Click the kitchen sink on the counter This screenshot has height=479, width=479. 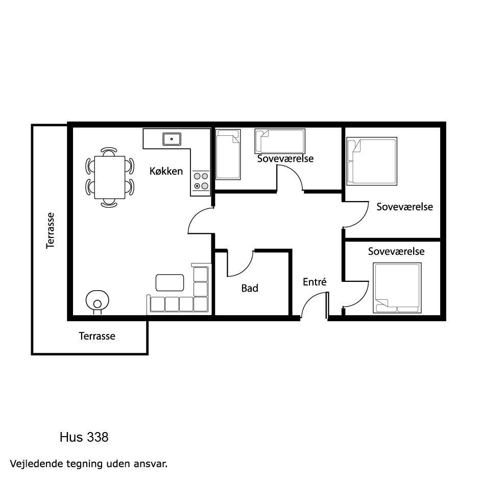click(172, 139)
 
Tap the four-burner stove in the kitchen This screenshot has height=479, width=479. click(201, 181)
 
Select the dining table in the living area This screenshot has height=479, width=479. click(110, 178)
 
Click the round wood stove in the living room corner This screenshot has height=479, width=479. click(98, 301)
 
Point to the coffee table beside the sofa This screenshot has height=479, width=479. click(170, 282)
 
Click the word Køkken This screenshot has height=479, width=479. click(166, 171)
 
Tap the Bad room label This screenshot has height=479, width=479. click(250, 288)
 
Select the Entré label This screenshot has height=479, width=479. click(315, 282)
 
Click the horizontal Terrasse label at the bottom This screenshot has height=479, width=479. click(97, 336)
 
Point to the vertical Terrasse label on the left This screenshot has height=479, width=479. click(51, 231)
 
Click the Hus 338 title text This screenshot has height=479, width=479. click(84, 437)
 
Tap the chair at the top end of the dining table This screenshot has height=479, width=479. click(109, 152)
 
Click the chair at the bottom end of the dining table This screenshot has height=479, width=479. click(109, 203)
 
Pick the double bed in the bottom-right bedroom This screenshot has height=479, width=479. click(397, 288)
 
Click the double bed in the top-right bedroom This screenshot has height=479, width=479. click(372, 161)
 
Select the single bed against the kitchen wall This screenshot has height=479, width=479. click(228, 154)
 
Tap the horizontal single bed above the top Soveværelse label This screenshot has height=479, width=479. click(280, 141)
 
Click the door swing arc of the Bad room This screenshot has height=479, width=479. click(241, 264)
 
